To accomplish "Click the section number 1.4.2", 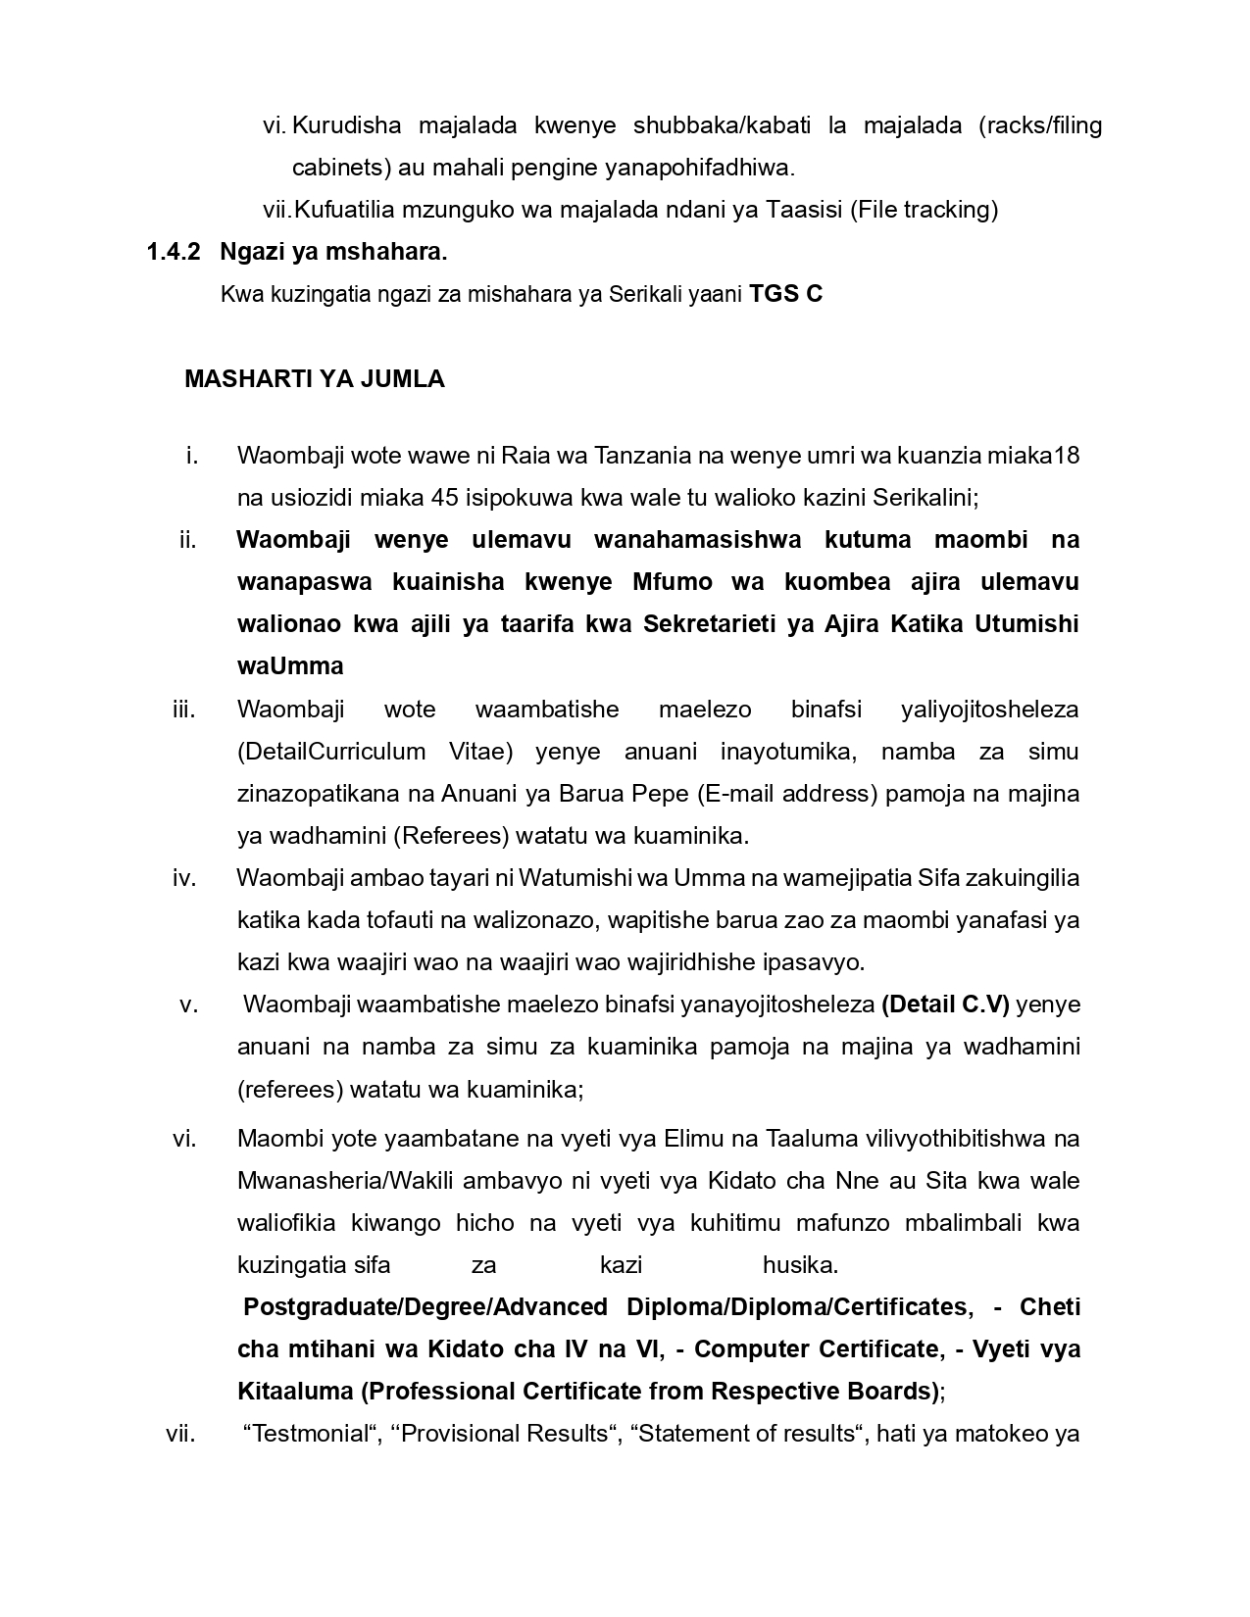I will click(x=174, y=252).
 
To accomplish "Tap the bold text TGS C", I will click(x=785, y=293).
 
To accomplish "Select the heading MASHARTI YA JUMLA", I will click(x=314, y=379).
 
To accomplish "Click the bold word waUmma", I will click(x=290, y=666).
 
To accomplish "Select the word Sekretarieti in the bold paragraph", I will click(x=711, y=624).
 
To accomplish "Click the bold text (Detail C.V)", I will click(x=945, y=1004).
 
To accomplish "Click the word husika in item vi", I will click(x=800, y=1265).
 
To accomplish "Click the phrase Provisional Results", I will click(x=505, y=1434).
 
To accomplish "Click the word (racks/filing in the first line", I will click(x=1040, y=125).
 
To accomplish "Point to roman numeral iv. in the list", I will click(x=184, y=878).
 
